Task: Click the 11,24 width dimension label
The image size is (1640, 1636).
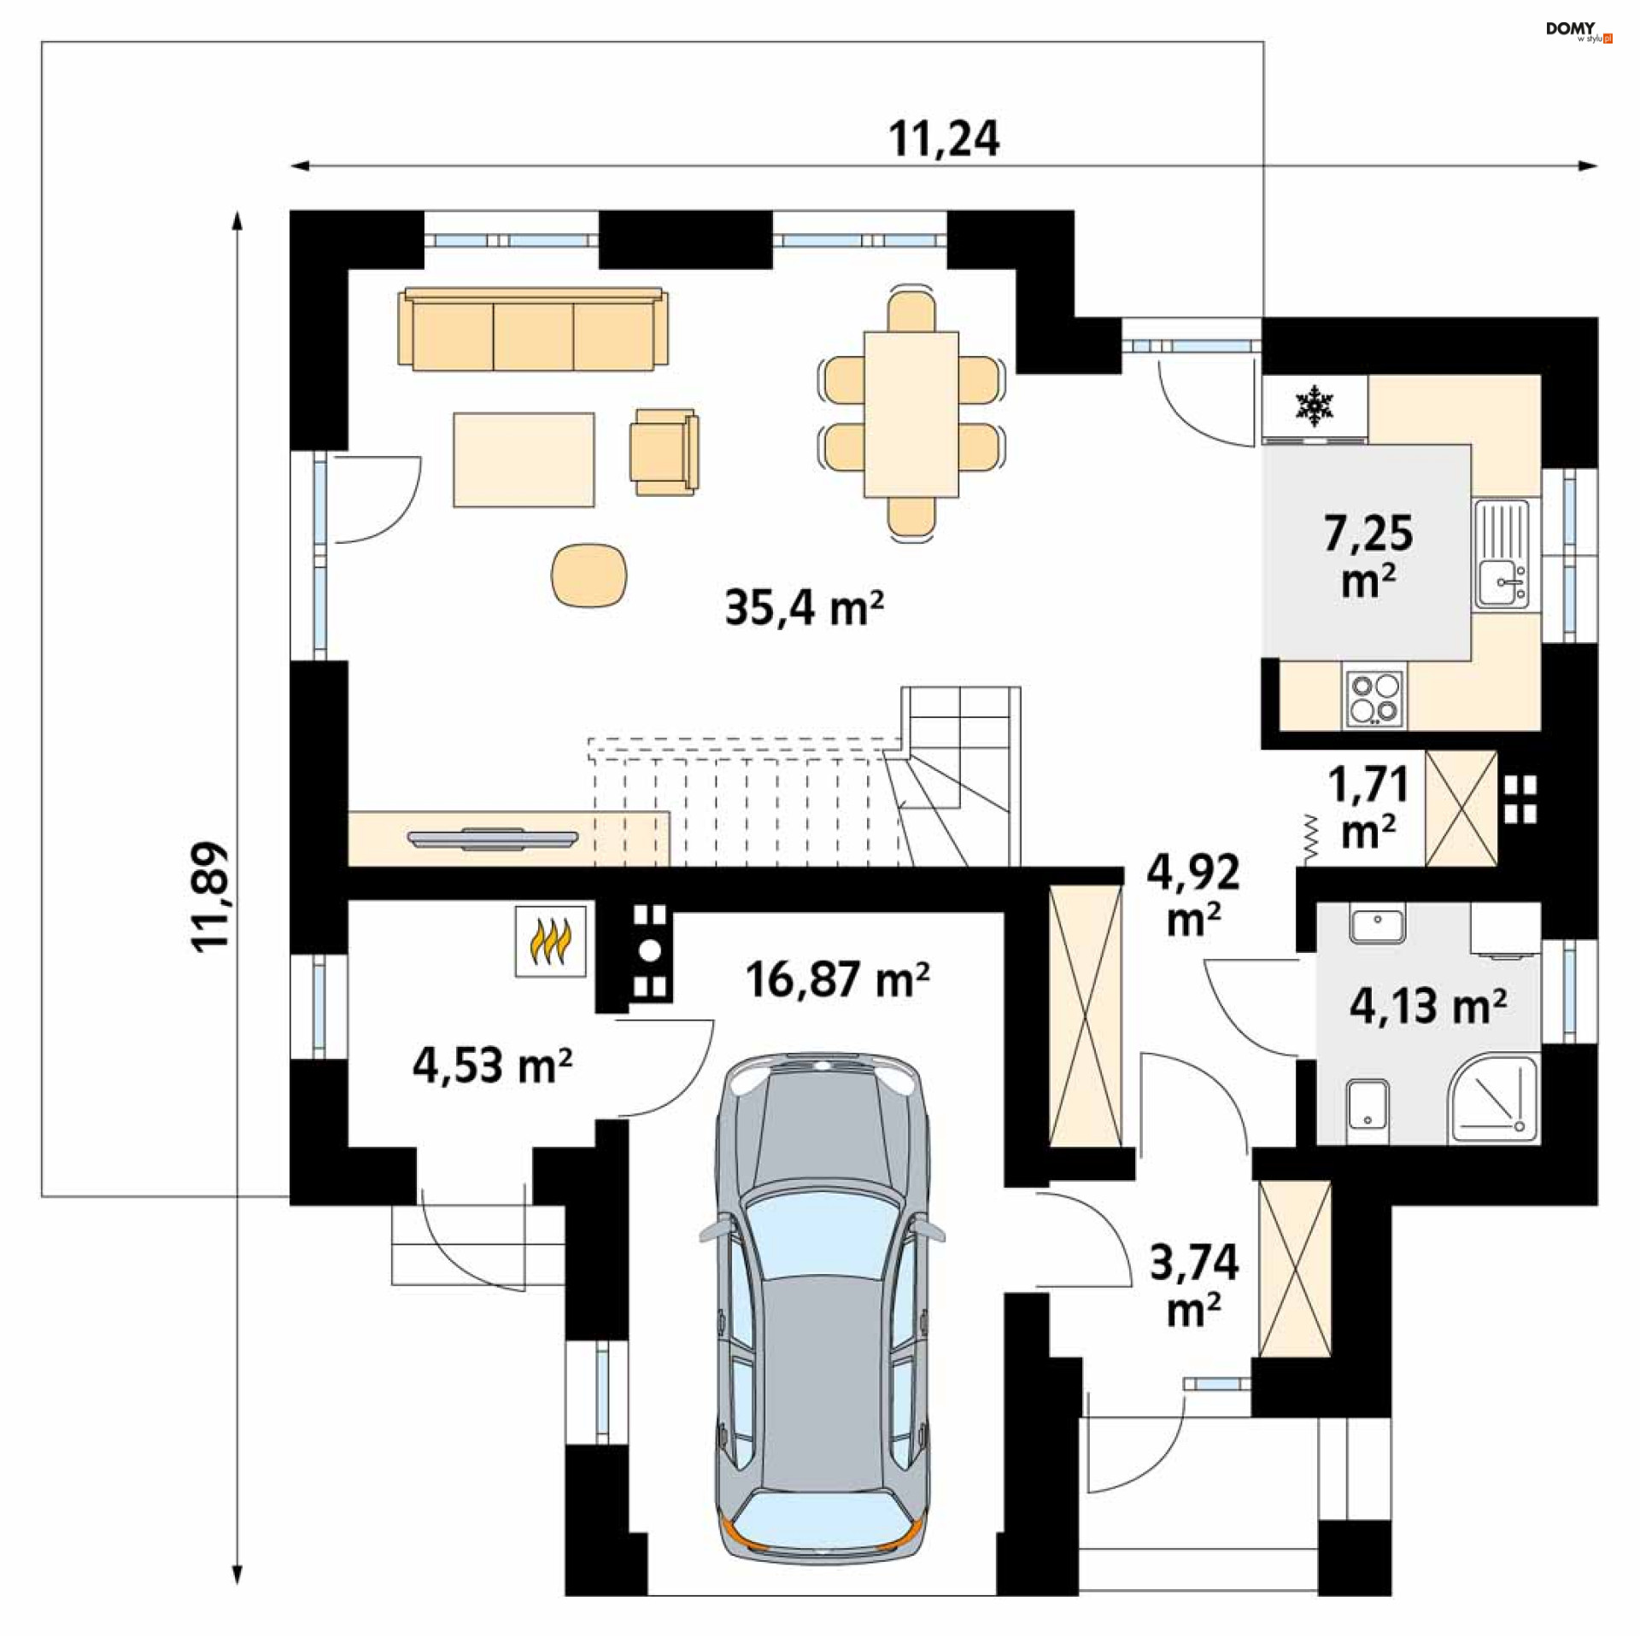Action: point(944,139)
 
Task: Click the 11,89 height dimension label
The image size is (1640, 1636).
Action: point(210,897)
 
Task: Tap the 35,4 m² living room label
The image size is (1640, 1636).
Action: point(804,608)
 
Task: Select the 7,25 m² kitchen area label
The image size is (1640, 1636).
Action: point(1368,556)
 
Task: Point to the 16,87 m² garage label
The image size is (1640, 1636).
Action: point(837,979)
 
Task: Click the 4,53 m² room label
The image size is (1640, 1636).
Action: point(492,1065)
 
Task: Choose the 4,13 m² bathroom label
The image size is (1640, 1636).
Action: point(1427,1005)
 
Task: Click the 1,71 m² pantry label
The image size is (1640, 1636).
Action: point(1368,807)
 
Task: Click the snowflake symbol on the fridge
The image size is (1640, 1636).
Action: point(1315,406)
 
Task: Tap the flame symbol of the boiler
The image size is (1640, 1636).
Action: point(550,941)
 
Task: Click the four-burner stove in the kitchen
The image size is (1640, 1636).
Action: point(1373,698)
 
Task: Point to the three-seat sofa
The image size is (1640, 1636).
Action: point(533,329)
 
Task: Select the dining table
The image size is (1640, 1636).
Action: point(911,414)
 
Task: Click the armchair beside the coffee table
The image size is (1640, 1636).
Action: point(665,451)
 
